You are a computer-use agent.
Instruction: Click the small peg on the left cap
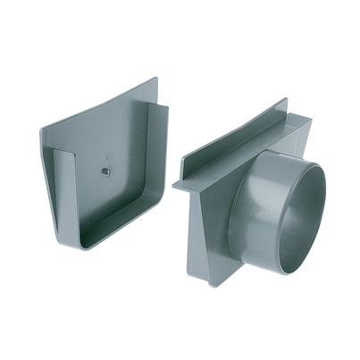coord(105,171)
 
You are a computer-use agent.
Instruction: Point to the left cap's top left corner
coord(42,127)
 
